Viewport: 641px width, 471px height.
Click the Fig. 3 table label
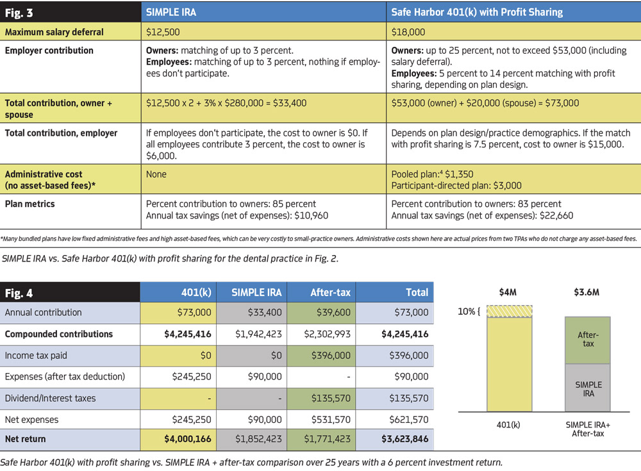pyautogui.click(x=20, y=12)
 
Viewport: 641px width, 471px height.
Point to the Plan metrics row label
pyautogui.click(x=30, y=204)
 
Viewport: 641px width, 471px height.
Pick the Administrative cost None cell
pyautogui.click(x=156, y=174)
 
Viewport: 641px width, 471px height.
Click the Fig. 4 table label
pyautogui.click(x=20, y=292)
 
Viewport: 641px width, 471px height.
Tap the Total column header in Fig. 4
pyautogui.click(x=417, y=292)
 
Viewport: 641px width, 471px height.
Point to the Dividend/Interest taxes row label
pyautogui.click(x=50, y=398)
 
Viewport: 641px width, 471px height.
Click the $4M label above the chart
pyautogui.click(x=508, y=292)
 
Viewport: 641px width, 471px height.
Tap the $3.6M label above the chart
pyautogui.click(x=588, y=292)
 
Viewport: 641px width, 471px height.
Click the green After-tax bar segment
pyautogui.click(x=588, y=340)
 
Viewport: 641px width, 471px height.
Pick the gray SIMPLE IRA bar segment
pyautogui.click(x=588, y=388)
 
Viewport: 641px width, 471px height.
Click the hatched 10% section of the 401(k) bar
pyautogui.click(x=509, y=311)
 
